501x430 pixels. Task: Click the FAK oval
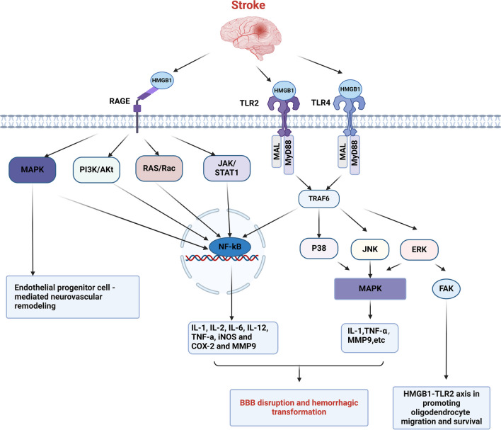pyautogui.click(x=447, y=288)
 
